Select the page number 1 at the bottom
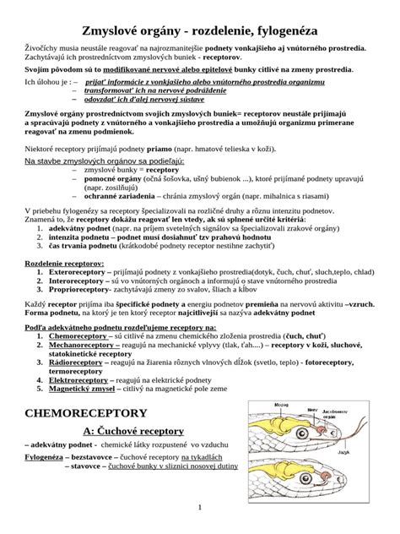pyautogui.click(x=200, y=507)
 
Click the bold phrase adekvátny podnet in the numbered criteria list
pyautogui.click(x=79, y=227)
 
